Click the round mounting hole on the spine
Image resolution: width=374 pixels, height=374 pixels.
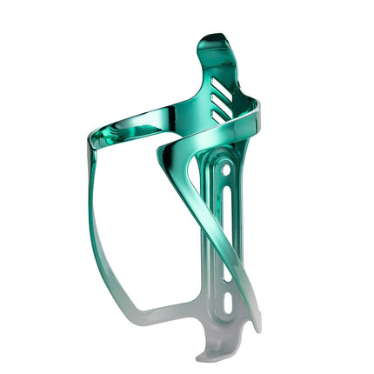coord(228,173)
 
